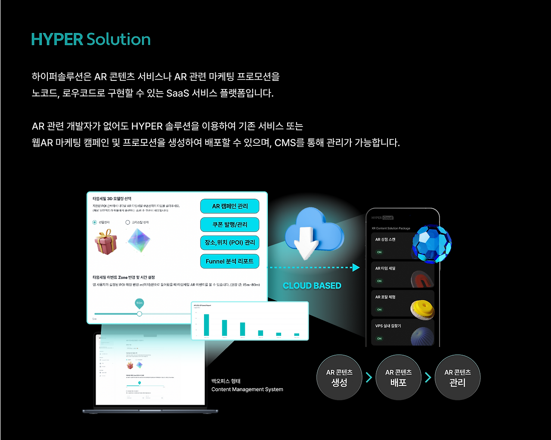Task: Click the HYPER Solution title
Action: click(x=91, y=40)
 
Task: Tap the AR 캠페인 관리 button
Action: click(x=230, y=206)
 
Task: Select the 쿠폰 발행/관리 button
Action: click(x=230, y=225)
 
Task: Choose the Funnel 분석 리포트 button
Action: click(x=230, y=261)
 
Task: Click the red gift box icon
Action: click(x=105, y=242)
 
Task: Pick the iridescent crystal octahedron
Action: click(x=139, y=240)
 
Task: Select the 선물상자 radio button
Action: click(x=95, y=222)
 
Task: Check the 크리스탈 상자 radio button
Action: click(x=127, y=222)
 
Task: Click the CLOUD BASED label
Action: click(x=312, y=286)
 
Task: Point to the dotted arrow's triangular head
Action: click(x=356, y=268)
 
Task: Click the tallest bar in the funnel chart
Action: click(x=206, y=325)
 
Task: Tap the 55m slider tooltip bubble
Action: click(x=139, y=303)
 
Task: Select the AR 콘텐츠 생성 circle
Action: click(x=339, y=378)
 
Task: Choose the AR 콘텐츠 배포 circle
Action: click(x=398, y=378)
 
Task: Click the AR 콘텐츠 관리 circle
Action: click(x=457, y=378)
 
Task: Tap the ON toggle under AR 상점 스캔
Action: click(x=379, y=252)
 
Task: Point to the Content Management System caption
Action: click(x=247, y=389)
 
